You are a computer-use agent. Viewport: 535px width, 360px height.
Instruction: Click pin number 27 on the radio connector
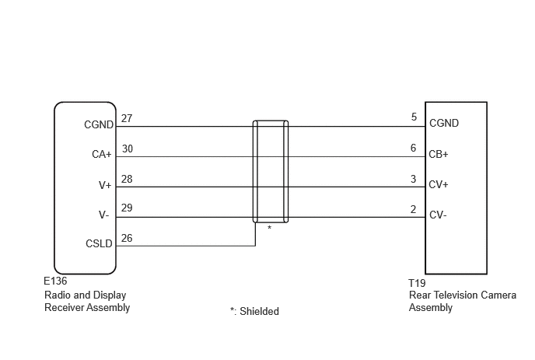click(x=127, y=118)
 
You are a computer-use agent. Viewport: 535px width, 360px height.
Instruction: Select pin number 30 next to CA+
click(x=128, y=149)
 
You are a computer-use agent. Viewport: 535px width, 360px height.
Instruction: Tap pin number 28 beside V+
click(x=127, y=179)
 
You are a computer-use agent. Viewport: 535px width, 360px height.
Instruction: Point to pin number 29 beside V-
click(x=127, y=208)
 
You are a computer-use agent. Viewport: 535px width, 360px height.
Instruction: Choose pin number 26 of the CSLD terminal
click(x=127, y=238)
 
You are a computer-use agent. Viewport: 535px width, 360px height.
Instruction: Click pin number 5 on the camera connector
click(x=414, y=117)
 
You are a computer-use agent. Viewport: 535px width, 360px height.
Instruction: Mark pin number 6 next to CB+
click(x=413, y=148)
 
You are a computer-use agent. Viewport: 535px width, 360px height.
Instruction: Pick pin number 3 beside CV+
click(x=413, y=179)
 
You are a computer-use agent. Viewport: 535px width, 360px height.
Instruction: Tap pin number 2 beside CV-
click(x=413, y=209)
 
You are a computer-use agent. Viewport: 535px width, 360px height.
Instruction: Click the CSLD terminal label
click(x=99, y=243)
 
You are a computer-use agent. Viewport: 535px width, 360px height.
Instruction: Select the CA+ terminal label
click(x=102, y=154)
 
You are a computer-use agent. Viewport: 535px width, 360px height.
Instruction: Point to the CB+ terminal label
click(x=439, y=154)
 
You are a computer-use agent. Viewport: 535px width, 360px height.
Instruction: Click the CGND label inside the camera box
click(x=444, y=123)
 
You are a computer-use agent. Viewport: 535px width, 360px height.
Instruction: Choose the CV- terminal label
click(x=438, y=215)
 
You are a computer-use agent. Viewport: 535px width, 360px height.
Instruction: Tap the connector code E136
click(x=55, y=281)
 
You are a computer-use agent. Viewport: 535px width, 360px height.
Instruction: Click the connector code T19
click(x=417, y=283)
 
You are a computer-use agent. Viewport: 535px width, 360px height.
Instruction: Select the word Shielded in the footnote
click(x=259, y=311)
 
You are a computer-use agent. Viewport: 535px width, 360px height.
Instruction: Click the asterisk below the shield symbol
click(x=270, y=228)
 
